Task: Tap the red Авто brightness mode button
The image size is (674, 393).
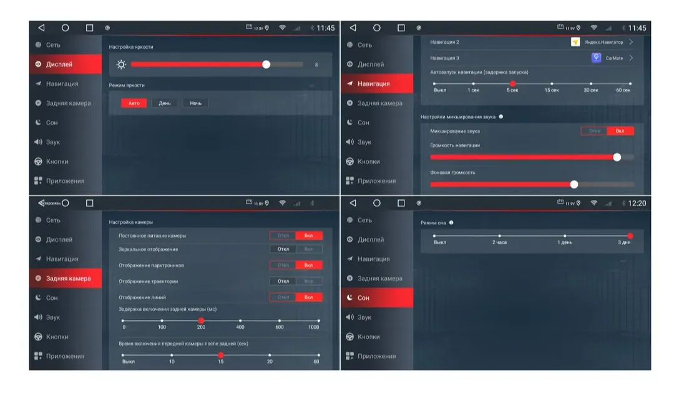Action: pos(134,103)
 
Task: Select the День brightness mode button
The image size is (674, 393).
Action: pos(165,103)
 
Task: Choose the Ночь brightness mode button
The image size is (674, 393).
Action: pos(195,103)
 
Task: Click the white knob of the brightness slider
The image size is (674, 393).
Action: pos(266,64)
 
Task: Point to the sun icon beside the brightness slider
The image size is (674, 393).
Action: pos(121,64)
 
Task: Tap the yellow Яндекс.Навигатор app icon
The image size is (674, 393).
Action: pos(575,42)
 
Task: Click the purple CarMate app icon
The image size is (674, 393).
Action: pos(597,58)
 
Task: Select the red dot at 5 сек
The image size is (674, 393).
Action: pos(512,83)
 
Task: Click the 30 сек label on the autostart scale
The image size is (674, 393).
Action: pos(590,91)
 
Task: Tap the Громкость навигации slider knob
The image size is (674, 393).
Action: pos(617,157)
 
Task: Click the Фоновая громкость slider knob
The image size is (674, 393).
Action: pos(574,184)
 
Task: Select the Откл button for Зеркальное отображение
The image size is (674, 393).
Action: pos(283,249)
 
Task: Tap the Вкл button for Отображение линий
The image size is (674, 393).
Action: pos(309,297)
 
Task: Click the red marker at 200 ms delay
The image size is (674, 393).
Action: pos(201,321)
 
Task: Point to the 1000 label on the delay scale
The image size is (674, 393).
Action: pos(313,327)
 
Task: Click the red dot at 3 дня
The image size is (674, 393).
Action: pos(630,236)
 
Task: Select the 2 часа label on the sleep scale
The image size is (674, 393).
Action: pos(499,242)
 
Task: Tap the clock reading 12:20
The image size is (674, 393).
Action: pos(637,203)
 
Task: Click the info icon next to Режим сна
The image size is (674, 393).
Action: pos(451,222)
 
